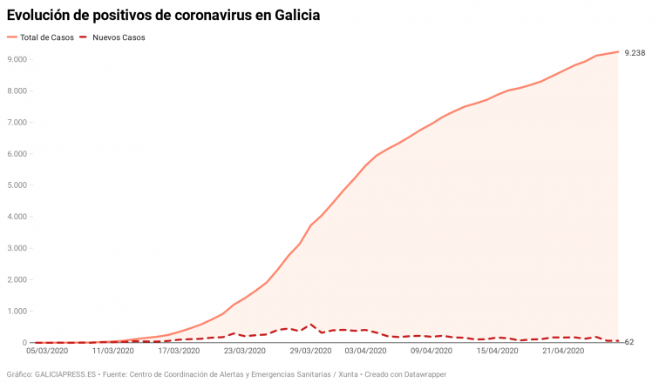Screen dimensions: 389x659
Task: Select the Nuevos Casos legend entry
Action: (x=119, y=38)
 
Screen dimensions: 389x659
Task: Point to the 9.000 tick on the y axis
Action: (x=16, y=59)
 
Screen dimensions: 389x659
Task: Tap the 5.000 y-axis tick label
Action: (x=16, y=185)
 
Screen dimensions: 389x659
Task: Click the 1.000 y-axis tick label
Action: (x=16, y=312)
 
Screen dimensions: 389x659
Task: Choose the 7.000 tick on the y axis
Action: (x=16, y=123)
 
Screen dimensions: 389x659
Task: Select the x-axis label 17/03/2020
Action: (x=179, y=352)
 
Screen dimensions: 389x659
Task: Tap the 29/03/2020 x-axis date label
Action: (x=311, y=352)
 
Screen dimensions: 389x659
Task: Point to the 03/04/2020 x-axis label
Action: (x=367, y=352)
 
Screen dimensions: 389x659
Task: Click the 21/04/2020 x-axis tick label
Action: (x=565, y=352)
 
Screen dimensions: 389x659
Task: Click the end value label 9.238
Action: (x=634, y=53)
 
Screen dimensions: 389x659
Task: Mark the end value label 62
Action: (x=628, y=341)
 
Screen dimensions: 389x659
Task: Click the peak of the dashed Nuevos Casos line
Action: (x=311, y=325)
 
